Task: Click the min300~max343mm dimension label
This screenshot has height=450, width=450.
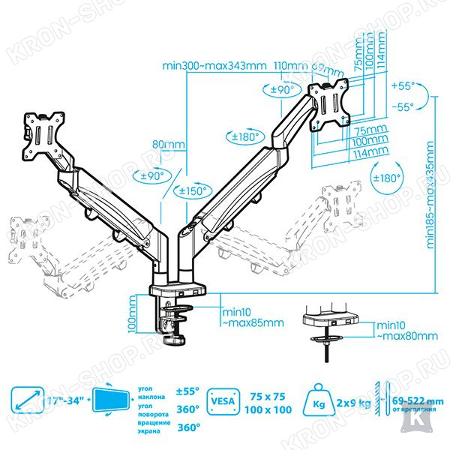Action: click(214, 65)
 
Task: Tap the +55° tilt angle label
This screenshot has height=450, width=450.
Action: click(403, 85)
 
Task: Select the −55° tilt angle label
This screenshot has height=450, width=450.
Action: click(403, 106)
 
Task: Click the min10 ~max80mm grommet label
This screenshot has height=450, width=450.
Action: click(406, 331)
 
